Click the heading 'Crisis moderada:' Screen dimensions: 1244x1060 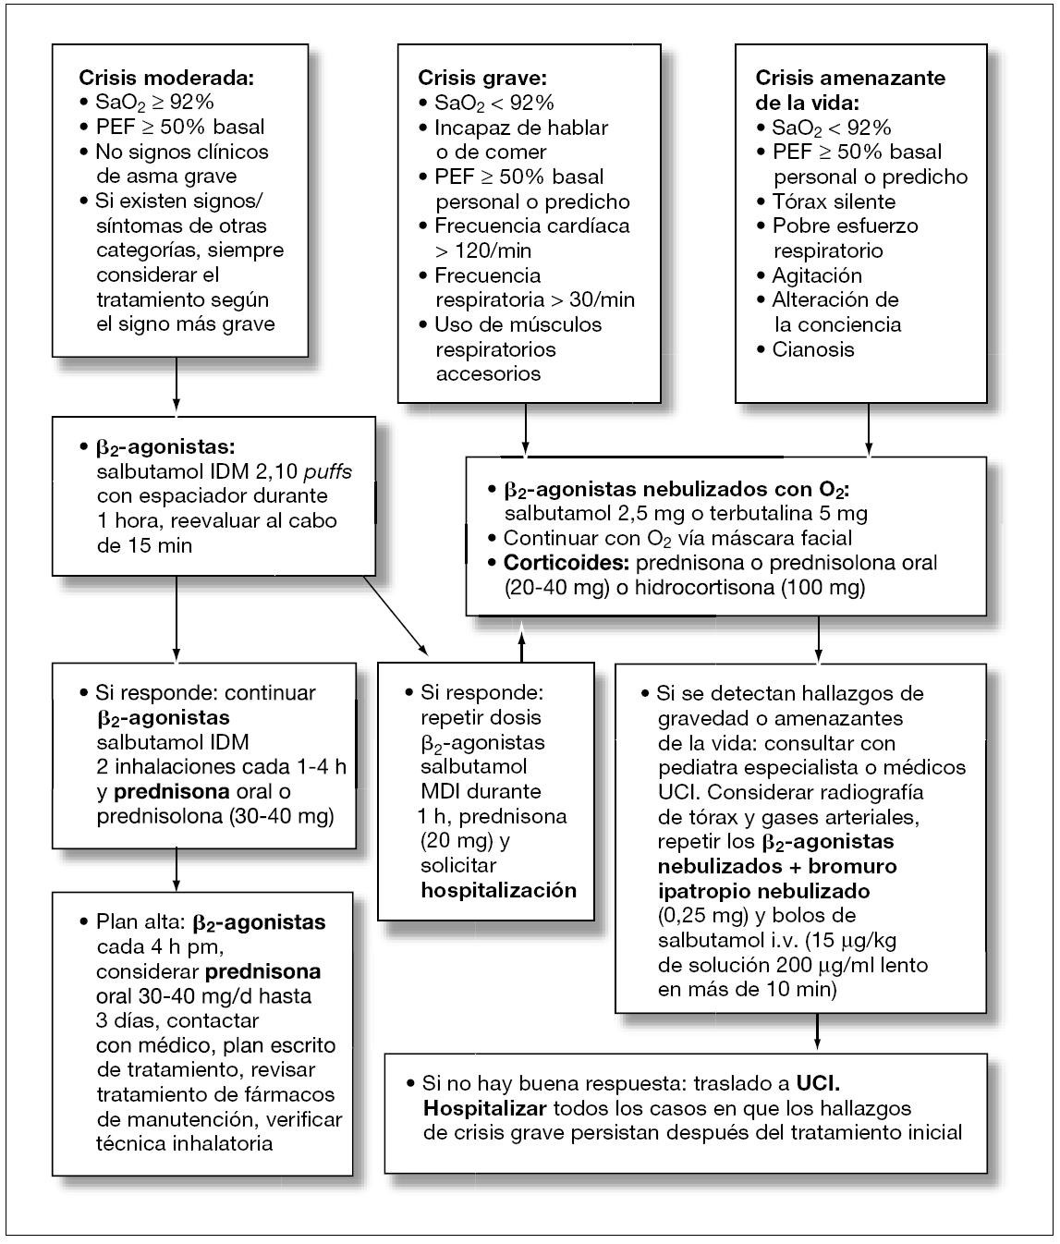[x=166, y=78]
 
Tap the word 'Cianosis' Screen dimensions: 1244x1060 [x=813, y=349]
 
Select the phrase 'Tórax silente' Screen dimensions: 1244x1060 [x=834, y=201]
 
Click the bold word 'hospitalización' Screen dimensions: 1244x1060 [x=498, y=891]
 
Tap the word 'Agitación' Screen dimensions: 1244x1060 [x=817, y=275]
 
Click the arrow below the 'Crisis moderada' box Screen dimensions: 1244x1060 [x=176, y=384]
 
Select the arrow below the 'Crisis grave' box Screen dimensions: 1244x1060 [x=525, y=429]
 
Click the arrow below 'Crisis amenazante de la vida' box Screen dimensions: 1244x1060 [x=868, y=429]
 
